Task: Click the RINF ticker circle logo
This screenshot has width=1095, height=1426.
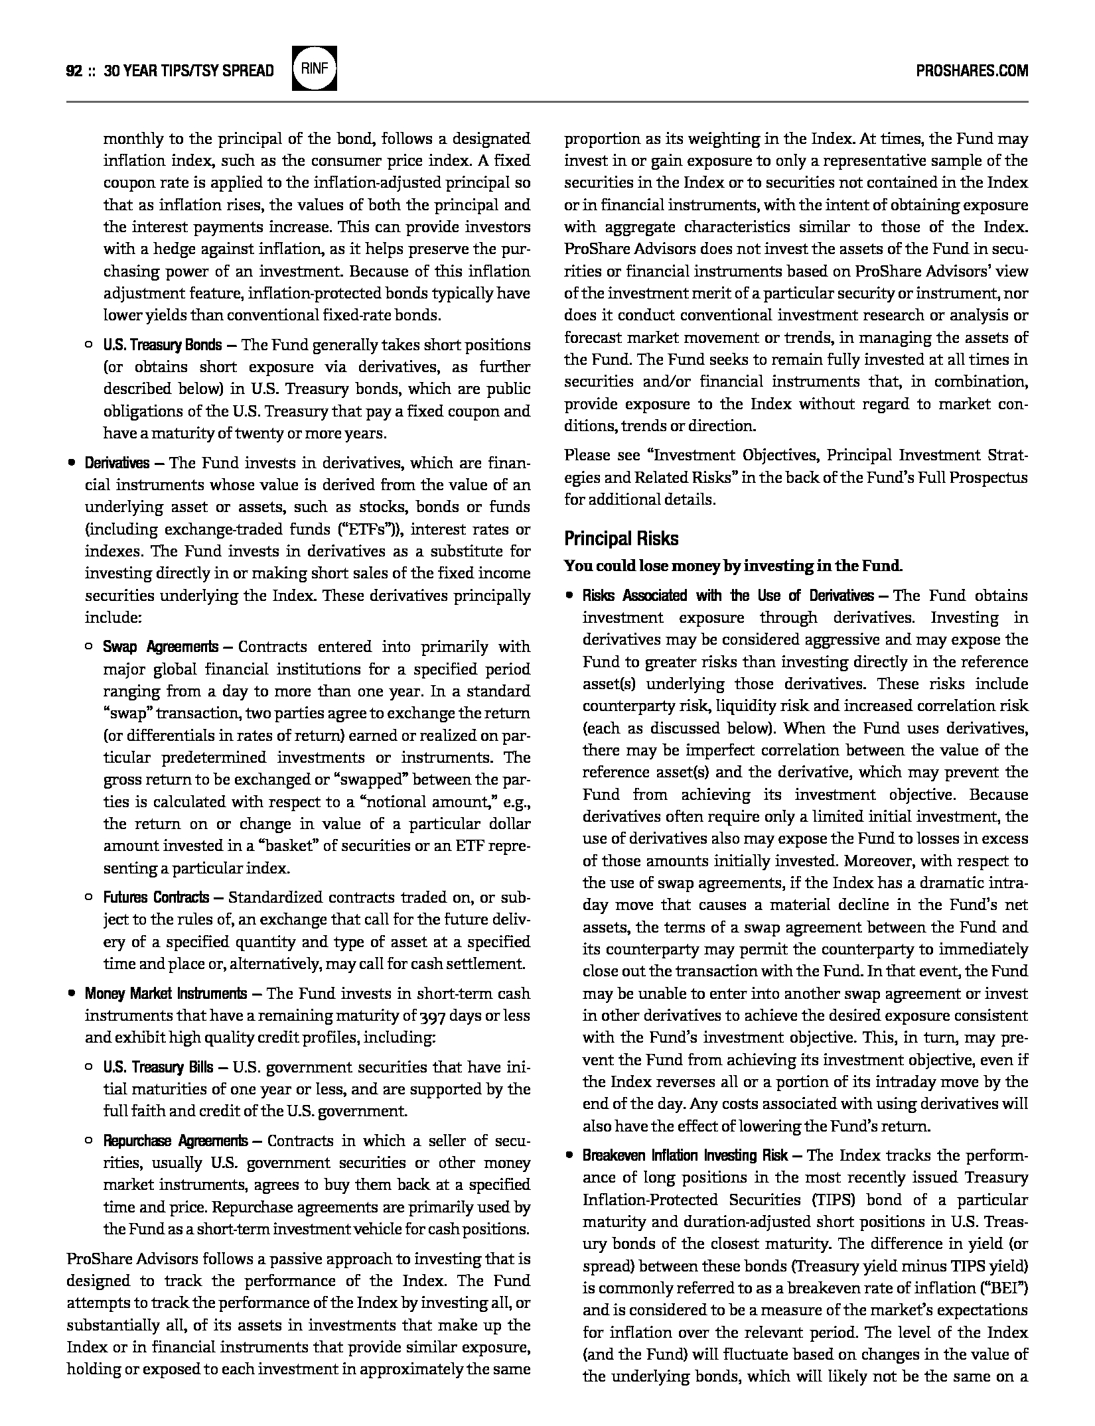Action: click(x=315, y=68)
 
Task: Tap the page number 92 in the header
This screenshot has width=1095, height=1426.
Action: click(x=73, y=71)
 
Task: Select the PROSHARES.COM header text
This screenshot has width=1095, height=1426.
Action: click(x=972, y=71)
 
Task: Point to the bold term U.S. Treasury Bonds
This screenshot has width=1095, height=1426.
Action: click(x=163, y=345)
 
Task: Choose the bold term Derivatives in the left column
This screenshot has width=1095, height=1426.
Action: click(x=117, y=463)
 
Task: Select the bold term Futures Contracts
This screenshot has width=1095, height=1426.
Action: click(x=156, y=897)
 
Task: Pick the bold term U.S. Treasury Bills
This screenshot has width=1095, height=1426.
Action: click(x=158, y=1067)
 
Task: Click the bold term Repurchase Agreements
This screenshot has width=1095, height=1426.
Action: click(x=175, y=1141)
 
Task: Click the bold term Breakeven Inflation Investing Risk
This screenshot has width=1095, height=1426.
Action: click(x=685, y=1155)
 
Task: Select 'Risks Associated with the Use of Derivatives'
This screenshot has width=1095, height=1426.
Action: click(x=728, y=596)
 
